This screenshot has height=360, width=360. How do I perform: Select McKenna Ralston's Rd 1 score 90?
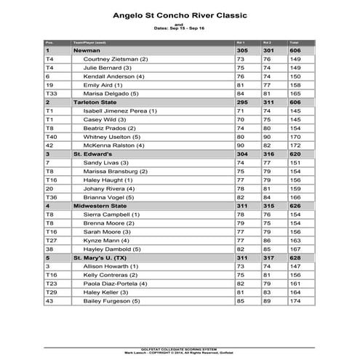click(242, 145)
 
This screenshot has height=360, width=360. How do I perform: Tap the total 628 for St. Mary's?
click(296, 257)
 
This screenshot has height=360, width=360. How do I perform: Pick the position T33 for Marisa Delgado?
click(52, 93)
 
